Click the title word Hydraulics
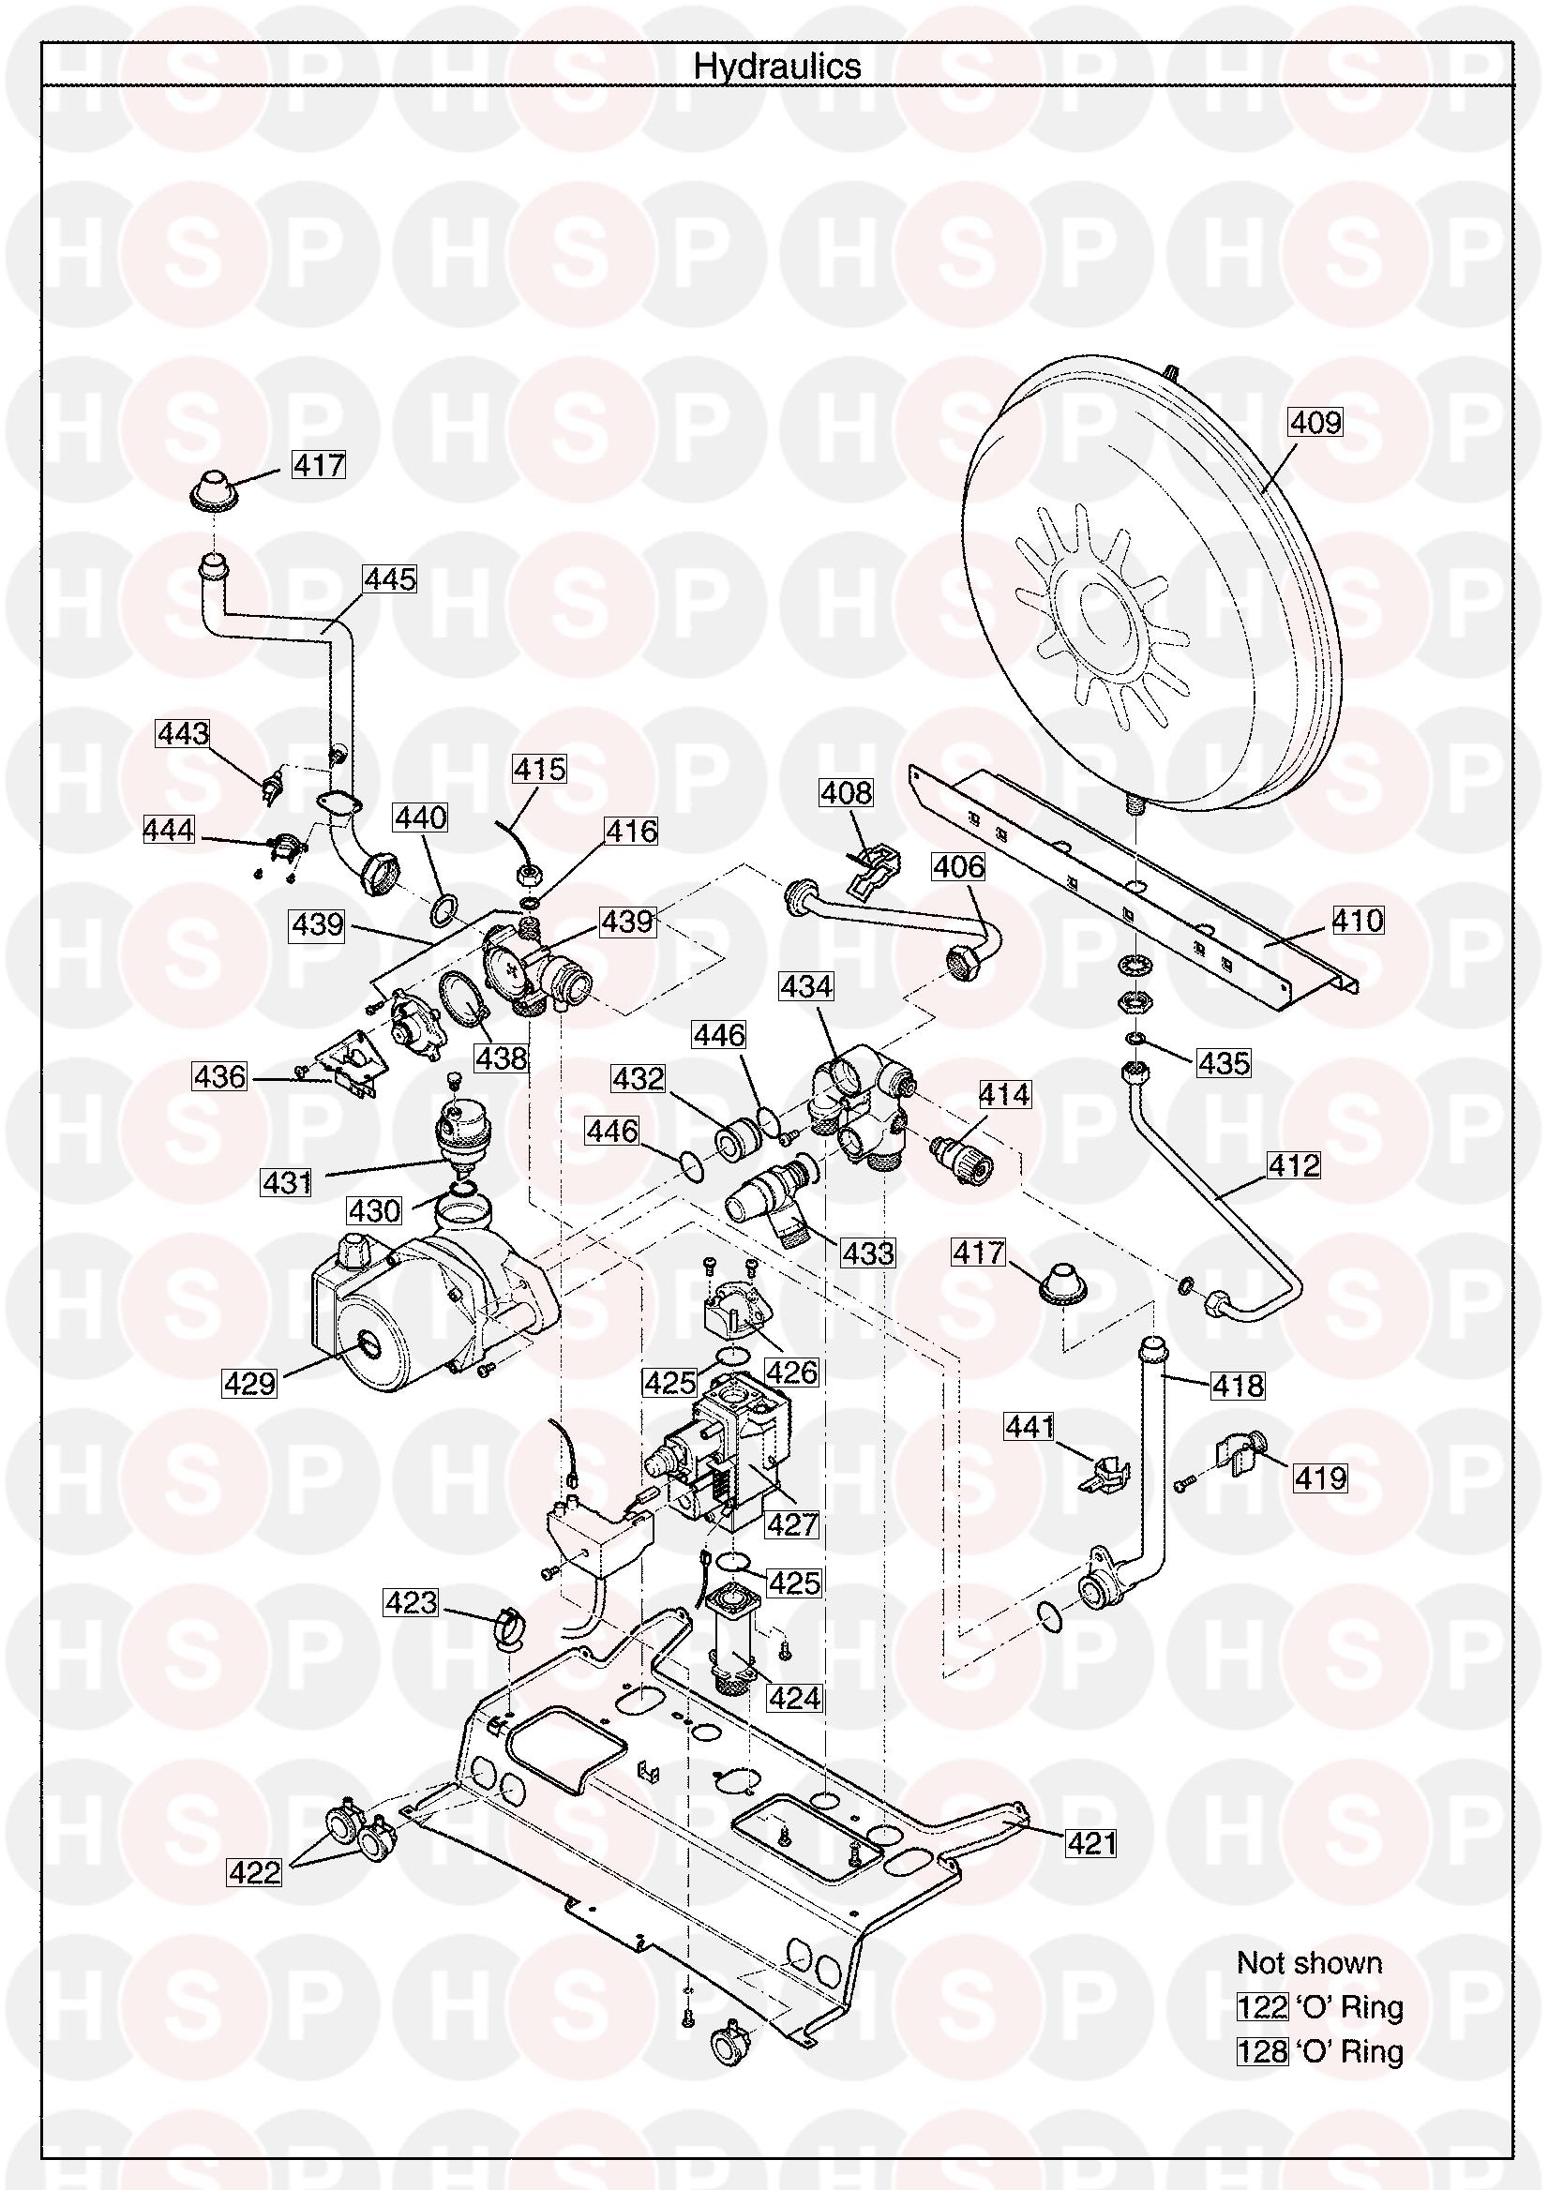click(x=776, y=66)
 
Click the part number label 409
click(x=1316, y=422)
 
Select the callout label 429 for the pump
click(x=250, y=1383)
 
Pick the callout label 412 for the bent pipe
click(x=1293, y=1164)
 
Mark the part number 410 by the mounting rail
click(x=1358, y=920)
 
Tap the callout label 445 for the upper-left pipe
click(x=390, y=579)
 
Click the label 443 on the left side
click(x=183, y=733)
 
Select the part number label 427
click(x=792, y=1524)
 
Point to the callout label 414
click(x=1004, y=1094)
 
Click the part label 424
click(x=793, y=1698)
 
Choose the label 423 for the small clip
click(x=411, y=1602)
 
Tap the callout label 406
click(x=957, y=866)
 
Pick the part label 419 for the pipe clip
click(x=1320, y=1477)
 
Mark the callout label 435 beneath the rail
click(x=1225, y=1062)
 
